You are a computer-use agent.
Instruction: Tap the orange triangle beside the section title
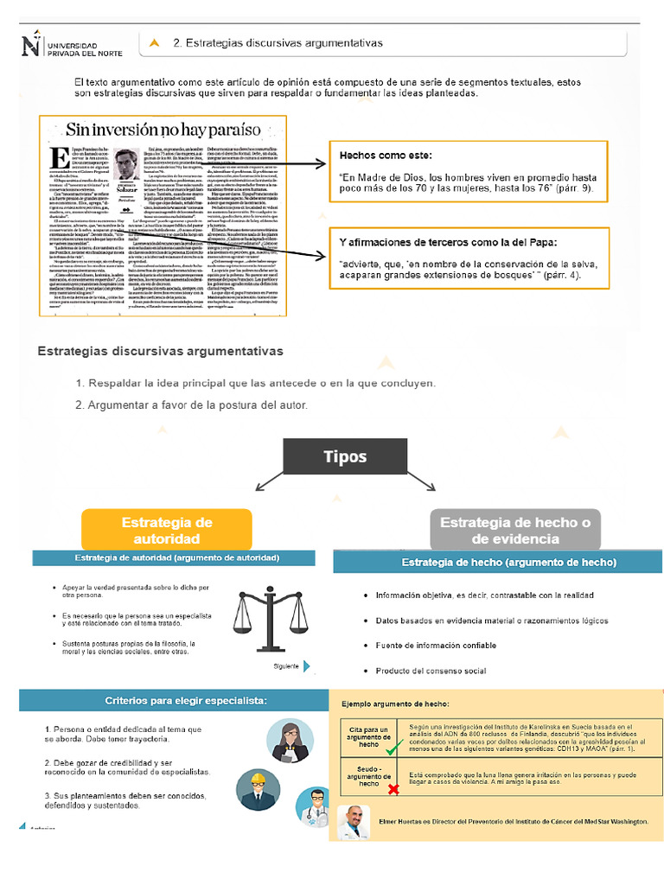coord(154,42)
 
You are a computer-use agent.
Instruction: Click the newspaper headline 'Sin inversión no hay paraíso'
coord(163,131)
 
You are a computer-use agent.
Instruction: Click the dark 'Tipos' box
coord(345,456)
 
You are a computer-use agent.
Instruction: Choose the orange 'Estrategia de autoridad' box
coord(167,530)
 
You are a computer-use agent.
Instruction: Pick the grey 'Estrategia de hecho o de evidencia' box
coord(515,530)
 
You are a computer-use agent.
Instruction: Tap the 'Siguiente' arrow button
coord(306,665)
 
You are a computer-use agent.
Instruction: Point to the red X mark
coord(393,788)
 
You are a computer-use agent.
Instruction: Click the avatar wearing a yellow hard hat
coord(257,787)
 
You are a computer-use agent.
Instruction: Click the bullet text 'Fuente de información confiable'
coord(436,645)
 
